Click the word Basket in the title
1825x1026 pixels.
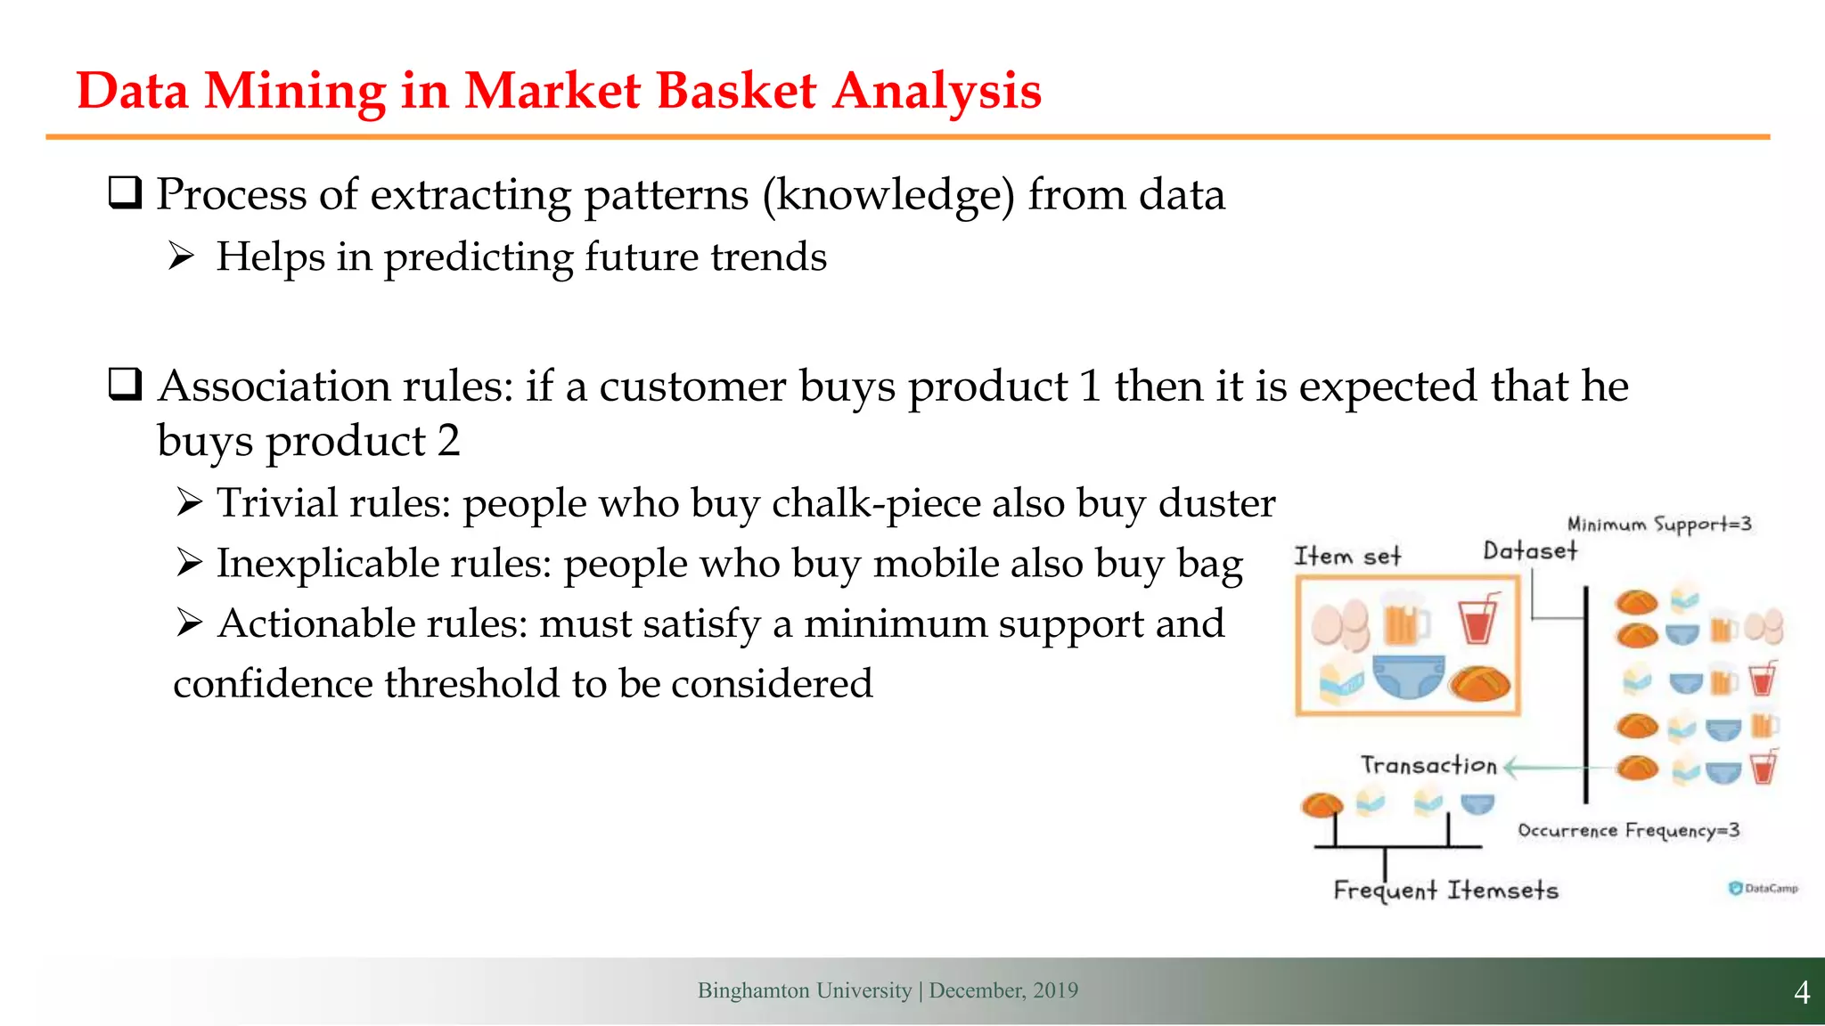click(736, 91)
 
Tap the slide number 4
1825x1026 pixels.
click(1801, 992)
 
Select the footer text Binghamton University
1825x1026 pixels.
click(804, 990)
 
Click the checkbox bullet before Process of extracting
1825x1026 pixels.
click(125, 193)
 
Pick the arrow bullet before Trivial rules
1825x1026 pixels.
click(189, 503)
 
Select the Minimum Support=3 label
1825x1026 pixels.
click(1659, 524)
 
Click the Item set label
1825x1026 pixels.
click(1347, 557)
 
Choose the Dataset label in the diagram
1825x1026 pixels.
click(1530, 551)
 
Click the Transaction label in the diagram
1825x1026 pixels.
click(1428, 765)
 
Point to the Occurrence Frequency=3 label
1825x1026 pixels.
click(1628, 830)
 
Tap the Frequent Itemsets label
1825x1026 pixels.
click(1445, 890)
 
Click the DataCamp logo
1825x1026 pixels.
click(1763, 888)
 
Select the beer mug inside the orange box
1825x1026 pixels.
click(1404, 621)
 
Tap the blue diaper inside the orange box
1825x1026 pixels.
click(1408, 677)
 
